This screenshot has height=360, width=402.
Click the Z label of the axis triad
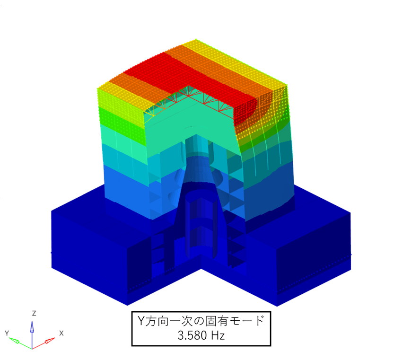pos(34,313)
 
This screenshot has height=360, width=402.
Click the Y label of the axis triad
pos(7,333)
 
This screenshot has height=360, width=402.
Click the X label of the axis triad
pos(61,333)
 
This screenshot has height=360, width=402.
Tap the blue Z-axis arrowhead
pos(32,327)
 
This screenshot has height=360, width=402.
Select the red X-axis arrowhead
pos(50,341)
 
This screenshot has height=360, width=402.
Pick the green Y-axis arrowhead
pos(14,341)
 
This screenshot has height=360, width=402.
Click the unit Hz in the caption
pos(218,335)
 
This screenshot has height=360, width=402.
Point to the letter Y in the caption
pos(141,321)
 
